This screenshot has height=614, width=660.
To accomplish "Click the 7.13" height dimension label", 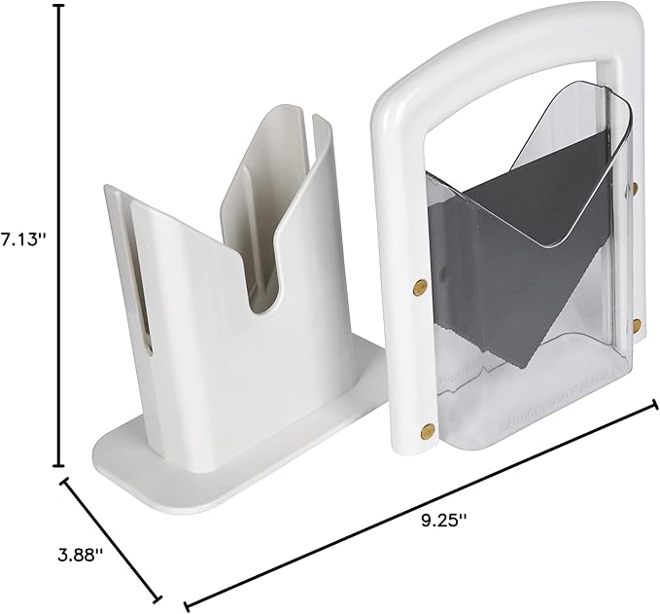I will pyautogui.click(x=24, y=240).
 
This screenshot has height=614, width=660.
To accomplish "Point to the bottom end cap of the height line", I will pyautogui.click(x=59, y=465).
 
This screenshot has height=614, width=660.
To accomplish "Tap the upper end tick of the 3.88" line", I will pyautogui.click(x=66, y=480).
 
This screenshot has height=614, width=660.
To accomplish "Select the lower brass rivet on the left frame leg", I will pyautogui.click(x=426, y=428).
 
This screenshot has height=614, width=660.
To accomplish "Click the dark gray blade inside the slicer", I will pyautogui.click(x=515, y=253).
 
